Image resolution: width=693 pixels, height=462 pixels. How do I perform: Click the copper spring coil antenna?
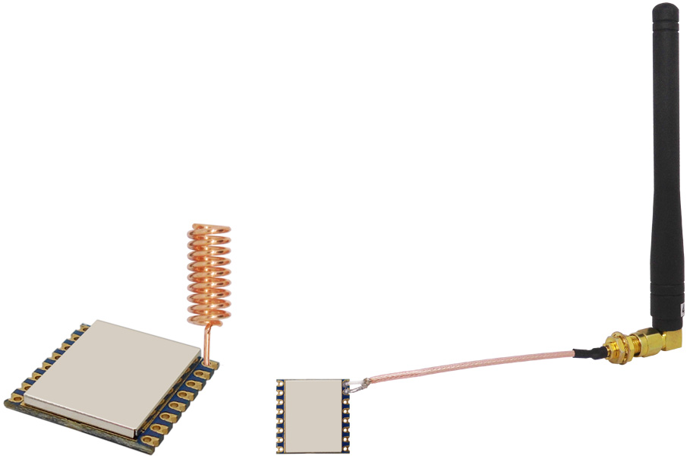tap(209, 269)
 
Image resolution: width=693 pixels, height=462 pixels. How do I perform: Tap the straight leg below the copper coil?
tap(206, 337)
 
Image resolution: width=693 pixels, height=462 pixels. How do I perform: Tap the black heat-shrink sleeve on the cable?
tap(587, 352)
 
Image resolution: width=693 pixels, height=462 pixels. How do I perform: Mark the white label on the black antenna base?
tap(683, 309)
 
